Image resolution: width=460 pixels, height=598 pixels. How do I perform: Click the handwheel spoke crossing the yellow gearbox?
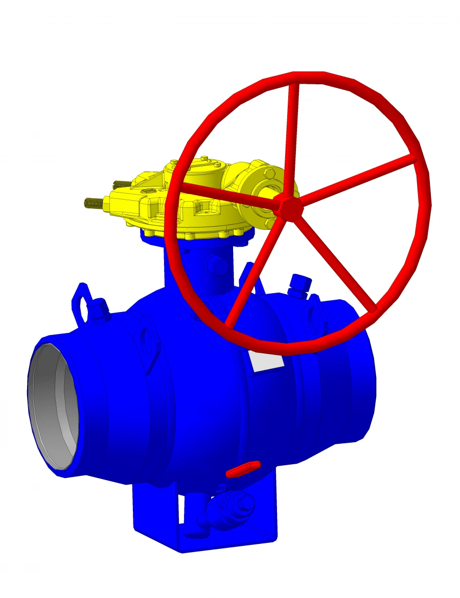pos(225,194)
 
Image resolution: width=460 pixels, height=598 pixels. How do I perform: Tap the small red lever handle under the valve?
pos(243,469)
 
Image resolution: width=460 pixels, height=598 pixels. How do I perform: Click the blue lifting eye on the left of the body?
pos(80,304)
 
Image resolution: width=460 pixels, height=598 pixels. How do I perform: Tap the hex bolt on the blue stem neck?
pos(216,266)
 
